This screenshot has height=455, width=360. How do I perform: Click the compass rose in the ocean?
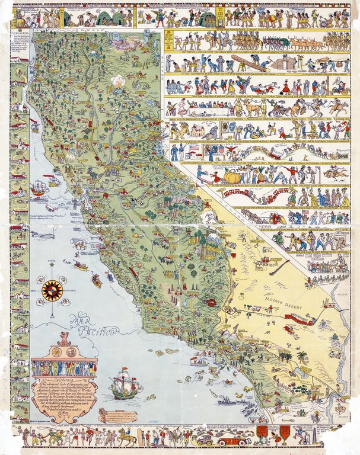pos(52,290)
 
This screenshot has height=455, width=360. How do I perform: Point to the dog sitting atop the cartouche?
pos(63,339)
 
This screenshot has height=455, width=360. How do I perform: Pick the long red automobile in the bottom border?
pos(232,440)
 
